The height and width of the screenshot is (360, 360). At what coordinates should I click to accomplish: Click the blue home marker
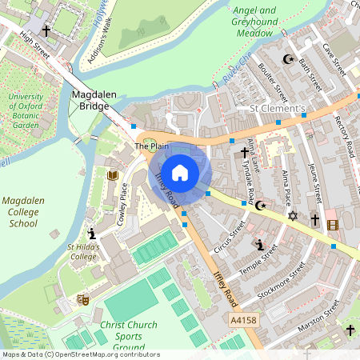(180, 172)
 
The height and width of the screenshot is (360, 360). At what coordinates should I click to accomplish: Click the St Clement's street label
(278, 108)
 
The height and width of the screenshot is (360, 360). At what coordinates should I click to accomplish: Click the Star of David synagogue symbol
(292, 216)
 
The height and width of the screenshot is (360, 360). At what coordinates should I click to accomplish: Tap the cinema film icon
(333, 225)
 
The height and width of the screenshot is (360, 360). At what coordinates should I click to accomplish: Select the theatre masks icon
(82, 299)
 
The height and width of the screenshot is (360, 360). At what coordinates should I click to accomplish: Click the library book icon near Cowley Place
(112, 174)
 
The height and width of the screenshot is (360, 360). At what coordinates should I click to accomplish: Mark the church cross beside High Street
(47, 30)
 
